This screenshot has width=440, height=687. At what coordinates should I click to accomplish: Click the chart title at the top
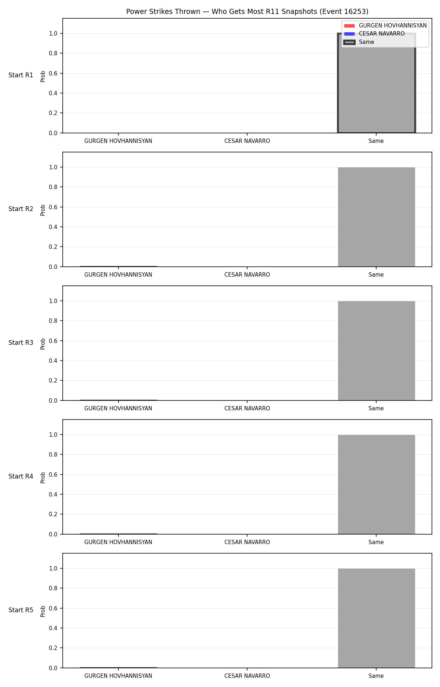[247, 12]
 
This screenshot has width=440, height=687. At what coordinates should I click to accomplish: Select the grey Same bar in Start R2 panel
[376, 217]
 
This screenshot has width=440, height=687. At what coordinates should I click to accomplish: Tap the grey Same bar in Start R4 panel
[376, 484]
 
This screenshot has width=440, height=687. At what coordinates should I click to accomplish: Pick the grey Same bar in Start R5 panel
[376, 618]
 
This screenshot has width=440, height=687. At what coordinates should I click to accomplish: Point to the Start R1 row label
[21, 75]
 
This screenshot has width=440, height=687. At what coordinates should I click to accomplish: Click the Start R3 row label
[21, 343]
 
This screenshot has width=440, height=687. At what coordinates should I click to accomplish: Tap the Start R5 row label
[21, 610]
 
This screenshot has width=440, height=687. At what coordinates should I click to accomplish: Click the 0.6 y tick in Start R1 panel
[54, 73]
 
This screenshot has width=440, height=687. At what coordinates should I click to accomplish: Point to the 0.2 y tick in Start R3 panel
[54, 380]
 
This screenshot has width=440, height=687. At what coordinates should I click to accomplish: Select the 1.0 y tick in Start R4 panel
[54, 435]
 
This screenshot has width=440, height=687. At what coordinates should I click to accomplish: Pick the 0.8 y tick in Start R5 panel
[54, 588]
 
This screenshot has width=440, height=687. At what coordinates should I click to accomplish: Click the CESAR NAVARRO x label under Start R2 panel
[247, 275]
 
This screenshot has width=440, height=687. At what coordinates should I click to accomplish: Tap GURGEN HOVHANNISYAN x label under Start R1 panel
[118, 141]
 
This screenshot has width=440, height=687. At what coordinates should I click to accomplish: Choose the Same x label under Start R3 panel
[376, 409]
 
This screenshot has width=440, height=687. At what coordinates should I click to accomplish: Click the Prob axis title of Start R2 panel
[43, 210]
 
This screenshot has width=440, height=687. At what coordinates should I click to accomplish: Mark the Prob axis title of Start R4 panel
[43, 477]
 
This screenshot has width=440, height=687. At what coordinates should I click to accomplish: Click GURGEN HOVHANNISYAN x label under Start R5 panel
[118, 676]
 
